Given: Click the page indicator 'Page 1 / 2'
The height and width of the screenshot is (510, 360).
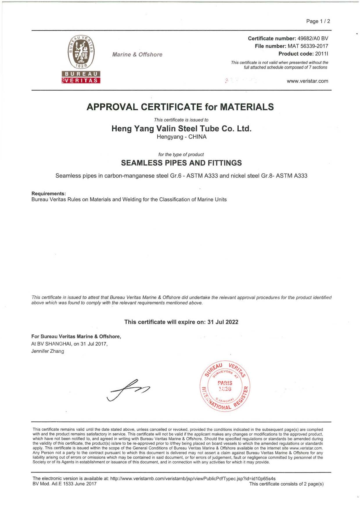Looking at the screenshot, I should point(318,21).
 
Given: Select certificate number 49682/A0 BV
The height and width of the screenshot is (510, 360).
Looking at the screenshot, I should point(313,38).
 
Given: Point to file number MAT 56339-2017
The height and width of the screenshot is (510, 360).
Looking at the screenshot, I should point(308,46).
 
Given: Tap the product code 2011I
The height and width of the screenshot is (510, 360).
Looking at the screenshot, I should point(321,54).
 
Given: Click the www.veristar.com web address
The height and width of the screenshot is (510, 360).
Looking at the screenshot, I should point(307,81).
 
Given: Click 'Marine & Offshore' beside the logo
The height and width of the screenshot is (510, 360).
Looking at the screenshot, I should point(137,55).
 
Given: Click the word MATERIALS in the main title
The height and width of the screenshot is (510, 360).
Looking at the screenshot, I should point(246,107).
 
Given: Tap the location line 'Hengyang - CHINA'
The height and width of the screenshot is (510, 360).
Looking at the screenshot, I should point(181,137).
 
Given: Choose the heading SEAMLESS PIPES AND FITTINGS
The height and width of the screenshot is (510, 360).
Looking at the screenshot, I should point(181,163).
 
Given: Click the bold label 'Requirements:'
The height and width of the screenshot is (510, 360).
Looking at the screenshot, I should point(48,194).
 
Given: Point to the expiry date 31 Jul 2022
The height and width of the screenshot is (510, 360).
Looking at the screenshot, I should point(223,322).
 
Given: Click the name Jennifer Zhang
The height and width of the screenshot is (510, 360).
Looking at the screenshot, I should point(48,351).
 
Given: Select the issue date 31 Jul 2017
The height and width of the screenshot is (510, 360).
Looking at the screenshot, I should point(93,344).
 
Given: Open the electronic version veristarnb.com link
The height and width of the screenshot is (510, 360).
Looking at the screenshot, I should point(193,479).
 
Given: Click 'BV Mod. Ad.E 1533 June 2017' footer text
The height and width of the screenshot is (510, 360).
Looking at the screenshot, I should point(64,484).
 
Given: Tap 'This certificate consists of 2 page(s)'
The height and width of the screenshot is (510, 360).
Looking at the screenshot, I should point(286,484).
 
